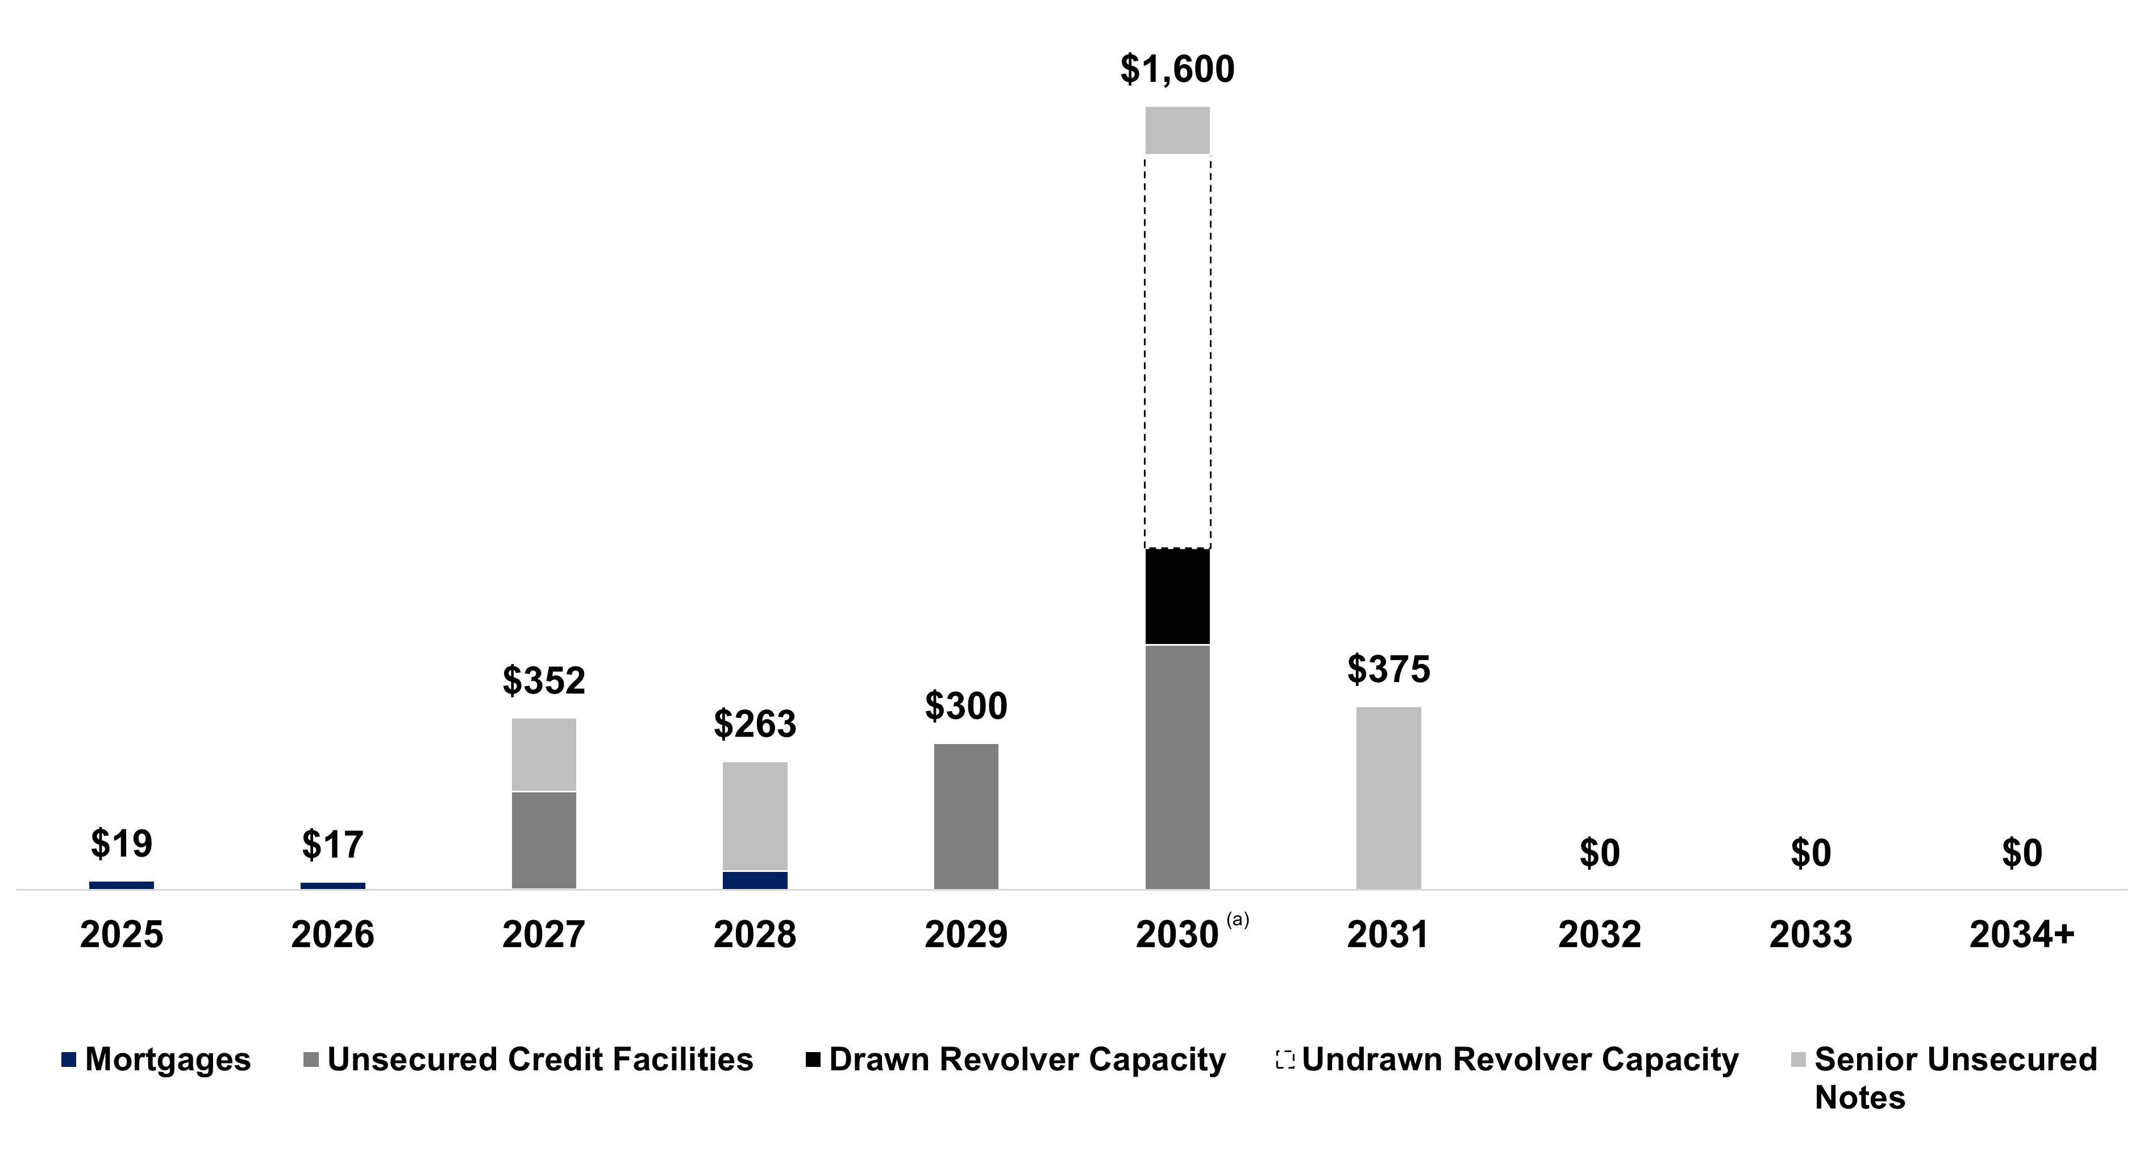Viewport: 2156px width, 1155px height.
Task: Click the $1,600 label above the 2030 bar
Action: [1177, 69]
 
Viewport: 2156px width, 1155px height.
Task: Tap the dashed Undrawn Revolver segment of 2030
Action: [1177, 351]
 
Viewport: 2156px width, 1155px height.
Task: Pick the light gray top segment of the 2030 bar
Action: [1177, 131]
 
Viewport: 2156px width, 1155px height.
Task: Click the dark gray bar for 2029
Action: [966, 816]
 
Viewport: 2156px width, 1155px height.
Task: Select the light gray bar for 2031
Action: [1388, 797]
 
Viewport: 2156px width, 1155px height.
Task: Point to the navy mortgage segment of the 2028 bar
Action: [755, 880]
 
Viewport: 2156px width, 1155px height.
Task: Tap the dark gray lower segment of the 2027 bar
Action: [544, 840]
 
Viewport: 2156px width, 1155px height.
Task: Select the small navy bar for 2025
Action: [122, 884]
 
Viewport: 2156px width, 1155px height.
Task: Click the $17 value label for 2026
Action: [332, 845]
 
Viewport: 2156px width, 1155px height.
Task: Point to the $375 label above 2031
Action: [1388, 670]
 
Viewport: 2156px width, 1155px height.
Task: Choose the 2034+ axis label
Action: [2021, 934]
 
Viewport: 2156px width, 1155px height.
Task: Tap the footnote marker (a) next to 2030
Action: [1237, 920]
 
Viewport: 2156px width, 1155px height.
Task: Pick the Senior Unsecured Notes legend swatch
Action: [1798, 1060]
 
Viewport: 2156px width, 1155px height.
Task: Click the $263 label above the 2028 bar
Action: [755, 724]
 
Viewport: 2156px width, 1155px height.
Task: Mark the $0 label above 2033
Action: [1810, 853]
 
